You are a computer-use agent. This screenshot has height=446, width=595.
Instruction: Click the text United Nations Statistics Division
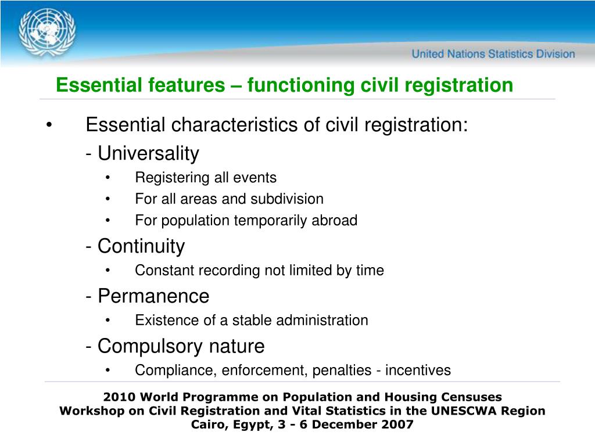coord(493,54)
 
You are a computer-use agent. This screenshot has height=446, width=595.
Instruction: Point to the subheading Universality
coord(148,154)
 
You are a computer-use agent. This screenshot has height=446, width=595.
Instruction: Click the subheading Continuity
coord(141,246)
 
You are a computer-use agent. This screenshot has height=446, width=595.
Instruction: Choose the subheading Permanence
coord(153,296)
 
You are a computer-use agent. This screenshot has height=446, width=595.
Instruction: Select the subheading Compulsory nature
coord(181,347)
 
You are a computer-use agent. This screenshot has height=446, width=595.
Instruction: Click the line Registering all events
coord(206,178)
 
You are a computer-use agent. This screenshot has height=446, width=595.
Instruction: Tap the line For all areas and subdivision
coord(229,199)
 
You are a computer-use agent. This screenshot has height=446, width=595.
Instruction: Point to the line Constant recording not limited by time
coord(259,271)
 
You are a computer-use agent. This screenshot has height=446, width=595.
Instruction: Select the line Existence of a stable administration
coord(251,321)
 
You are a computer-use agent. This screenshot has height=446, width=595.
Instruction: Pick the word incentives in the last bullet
coord(418,371)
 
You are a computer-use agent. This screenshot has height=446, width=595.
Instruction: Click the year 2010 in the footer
coord(117,397)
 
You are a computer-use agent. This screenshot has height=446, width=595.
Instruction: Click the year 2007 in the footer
coord(399,425)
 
